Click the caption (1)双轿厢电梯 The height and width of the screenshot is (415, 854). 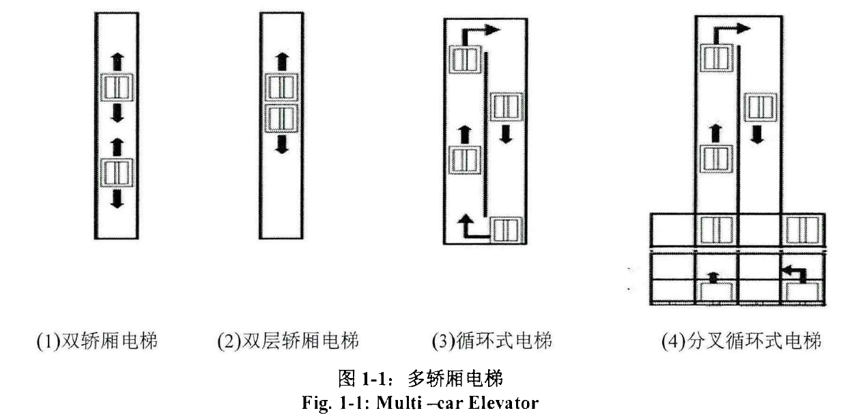pyautogui.click(x=97, y=340)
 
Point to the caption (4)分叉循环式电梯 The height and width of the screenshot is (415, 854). pyautogui.click(x=741, y=340)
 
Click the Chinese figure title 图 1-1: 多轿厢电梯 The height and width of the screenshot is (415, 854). pyautogui.click(x=421, y=377)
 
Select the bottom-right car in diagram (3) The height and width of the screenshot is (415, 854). pyautogui.click(x=506, y=229)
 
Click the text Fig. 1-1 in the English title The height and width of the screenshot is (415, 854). pyautogui.click(x=327, y=403)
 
